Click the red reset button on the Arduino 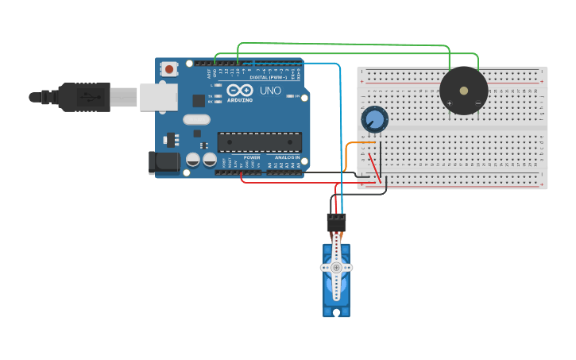point(169,70)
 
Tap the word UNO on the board point(270,91)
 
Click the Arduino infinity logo point(239,91)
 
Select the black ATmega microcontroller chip point(259,141)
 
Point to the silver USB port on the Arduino point(158,97)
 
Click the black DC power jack point(164,163)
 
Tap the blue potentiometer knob point(374,120)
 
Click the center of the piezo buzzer point(463,91)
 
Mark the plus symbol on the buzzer point(450,103)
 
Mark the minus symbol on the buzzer point(477,103)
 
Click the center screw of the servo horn point(336,268)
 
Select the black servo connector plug point(336,222)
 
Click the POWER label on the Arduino point(252,157)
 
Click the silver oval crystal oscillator point(197,120)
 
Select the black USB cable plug point(83,97)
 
